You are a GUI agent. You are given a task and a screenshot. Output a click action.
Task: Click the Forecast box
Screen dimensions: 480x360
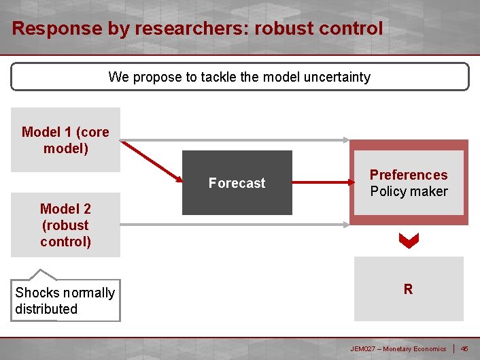pyautogui.click(x=237, y=182)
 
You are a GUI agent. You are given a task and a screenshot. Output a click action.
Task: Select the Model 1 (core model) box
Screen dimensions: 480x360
pyautogui.click(x=65, y=140)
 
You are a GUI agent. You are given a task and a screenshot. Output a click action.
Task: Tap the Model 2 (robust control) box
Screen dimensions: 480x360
pyautogui.click(x=65, y=225)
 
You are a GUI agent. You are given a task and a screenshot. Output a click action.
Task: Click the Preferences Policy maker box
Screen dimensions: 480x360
pyautogui.click(x=409, y=182)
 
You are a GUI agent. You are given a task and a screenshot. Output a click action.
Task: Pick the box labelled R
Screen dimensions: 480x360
pyautogui.click(x=408, y=289)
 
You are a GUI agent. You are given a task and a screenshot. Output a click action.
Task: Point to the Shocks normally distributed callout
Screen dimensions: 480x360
pyautogui.click(x=65, y=300)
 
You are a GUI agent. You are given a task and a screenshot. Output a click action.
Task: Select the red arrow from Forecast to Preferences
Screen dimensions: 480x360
pyautogui.click(x=320, y=182)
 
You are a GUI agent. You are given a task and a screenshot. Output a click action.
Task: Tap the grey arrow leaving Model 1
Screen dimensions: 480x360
pyautogui.click(x=235, y=140)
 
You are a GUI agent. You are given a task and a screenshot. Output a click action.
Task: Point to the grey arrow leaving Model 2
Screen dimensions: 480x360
pyautogui.click(x=235, y=225)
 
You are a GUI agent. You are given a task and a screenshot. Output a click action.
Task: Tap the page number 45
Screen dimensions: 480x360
pyautogui.click(x=464, y=348)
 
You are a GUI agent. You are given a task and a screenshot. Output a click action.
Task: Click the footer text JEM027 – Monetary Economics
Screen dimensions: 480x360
pyautogui.click(x=398, y=348)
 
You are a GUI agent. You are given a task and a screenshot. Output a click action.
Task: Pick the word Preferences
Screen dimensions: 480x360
pyautogui.click(x=409, y=175)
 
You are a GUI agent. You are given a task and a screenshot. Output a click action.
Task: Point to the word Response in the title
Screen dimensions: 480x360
pyautogui.click(x=47, y=29)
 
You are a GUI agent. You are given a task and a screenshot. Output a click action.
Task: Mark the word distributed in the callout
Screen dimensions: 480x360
pyautogui.click(x=46, y=308)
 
